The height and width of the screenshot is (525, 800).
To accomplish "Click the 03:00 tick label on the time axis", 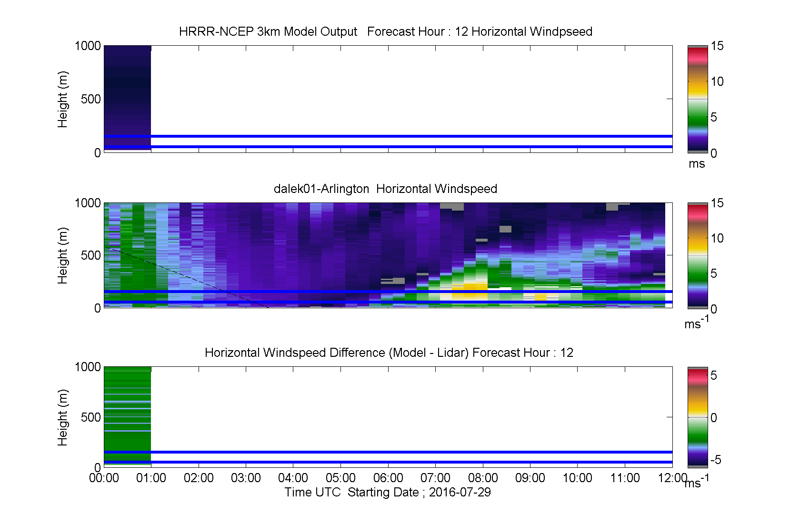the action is pos(246,478).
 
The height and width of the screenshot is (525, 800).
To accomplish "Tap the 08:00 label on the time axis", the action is pos(483,478).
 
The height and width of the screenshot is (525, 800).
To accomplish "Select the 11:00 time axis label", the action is pos(625,478).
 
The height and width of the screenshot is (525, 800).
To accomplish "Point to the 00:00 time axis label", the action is pos(104,478).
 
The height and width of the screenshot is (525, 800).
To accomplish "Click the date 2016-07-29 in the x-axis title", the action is pos(460,493).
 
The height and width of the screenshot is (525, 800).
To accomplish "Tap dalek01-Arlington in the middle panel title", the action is pos(321,189).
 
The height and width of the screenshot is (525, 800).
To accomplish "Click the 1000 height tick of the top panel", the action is pos(88,46).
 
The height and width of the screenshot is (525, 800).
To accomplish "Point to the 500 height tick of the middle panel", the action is pos(90,255).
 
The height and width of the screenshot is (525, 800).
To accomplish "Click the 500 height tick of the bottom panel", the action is pos(90,417).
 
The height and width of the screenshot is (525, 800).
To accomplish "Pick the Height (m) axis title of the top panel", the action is pos(62,100).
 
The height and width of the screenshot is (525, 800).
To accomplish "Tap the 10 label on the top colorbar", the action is pos(717,81).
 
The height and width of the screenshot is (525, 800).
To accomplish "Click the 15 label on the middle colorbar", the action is pos(717,203).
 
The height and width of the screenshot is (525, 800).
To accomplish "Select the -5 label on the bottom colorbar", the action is pos(716,460).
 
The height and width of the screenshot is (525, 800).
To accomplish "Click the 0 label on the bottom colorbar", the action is pos(713,417).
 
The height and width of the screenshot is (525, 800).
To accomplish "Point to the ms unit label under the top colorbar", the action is pos(697,164).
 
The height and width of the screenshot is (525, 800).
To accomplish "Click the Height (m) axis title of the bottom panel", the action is pos(62,417).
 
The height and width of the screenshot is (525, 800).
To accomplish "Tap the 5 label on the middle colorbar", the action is pos(713,274).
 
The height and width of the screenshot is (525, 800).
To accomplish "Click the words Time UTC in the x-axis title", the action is pos(312,493).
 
